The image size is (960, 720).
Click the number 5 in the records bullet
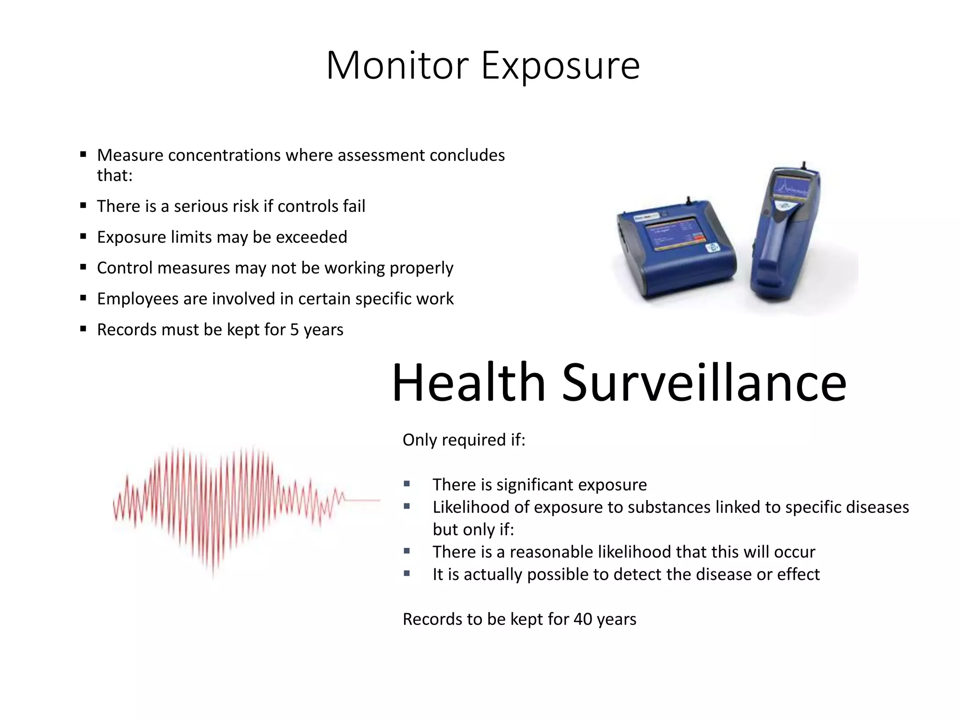(294, 330)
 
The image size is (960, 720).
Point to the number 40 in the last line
(583, 619)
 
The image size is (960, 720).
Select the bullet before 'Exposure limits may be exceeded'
(83, 237)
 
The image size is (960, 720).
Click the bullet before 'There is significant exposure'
(406, 484)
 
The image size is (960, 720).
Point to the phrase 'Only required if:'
(464, 440)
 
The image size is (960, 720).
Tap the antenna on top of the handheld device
(804, 165)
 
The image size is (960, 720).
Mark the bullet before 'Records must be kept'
(83, 329)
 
